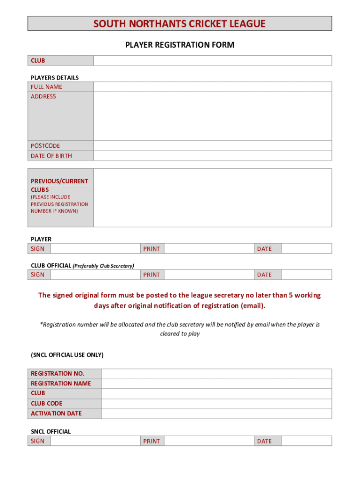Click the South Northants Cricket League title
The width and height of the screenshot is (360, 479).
point(180,24)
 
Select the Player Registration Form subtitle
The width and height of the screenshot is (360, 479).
point(180,45)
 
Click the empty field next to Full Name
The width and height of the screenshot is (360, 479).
point(212,87)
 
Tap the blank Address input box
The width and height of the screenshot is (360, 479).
point(212,116)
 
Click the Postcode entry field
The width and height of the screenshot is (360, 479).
point(212,146)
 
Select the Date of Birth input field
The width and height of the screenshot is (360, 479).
point(212,156)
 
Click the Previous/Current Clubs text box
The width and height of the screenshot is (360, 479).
point(212,198)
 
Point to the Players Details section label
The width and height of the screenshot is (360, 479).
point(55,78)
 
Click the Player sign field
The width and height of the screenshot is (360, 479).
point(95,249)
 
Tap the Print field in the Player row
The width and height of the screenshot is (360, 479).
point(209,249)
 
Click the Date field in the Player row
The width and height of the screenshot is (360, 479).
point(306,249)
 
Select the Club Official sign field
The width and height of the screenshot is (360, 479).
point(95,275)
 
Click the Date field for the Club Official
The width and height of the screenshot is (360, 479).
point(306,275)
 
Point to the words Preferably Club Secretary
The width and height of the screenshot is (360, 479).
point(103,266)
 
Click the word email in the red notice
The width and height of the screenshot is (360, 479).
point(252,306)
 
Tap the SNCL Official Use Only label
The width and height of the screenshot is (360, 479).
point(67,355)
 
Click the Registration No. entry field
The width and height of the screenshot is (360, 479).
point(216,373)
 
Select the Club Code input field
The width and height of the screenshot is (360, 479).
point(216,403)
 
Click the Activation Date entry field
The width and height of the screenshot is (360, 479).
point(216,414)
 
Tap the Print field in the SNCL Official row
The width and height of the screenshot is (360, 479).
point(209,441)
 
